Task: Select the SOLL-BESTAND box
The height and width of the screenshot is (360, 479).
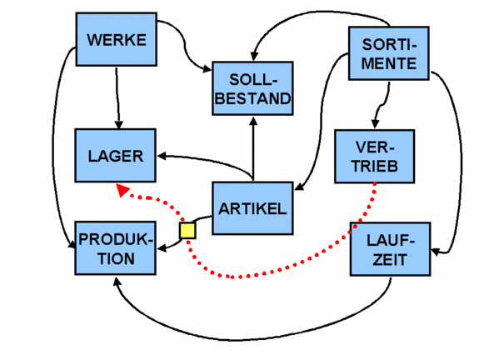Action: click(252, 89)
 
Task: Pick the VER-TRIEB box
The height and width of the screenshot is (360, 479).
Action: click(374, 156)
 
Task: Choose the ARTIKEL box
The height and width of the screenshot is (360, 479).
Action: click(252, 208)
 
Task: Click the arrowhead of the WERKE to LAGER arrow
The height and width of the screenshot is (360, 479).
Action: click(117, 124)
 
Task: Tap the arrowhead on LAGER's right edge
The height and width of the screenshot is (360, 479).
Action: click(161, 154)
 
